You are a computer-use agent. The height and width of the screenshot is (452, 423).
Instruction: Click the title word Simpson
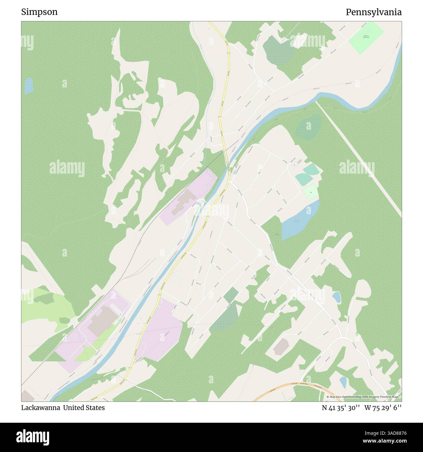(x=39, y=12)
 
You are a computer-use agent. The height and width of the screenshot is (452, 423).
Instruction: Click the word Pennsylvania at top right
(x=373, y=12)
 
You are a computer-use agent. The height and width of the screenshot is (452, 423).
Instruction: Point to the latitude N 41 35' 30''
(x=341, y=407)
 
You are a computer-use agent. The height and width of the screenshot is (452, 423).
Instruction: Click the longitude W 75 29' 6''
(x=383, y=407)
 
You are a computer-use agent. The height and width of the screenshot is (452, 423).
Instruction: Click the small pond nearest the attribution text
(x=343, y=382)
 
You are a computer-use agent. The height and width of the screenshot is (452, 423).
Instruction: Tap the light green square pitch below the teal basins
(x=310, y=192)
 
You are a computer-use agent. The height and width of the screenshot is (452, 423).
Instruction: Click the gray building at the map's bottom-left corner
(x=28, y=396)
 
